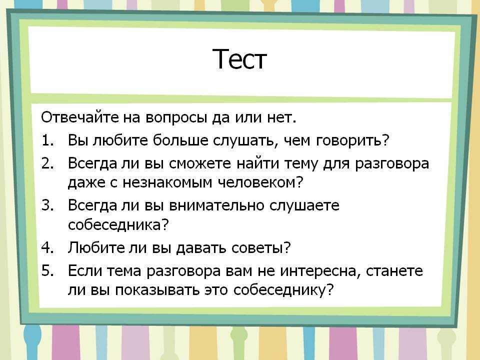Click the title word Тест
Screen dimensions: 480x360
click(239, 59)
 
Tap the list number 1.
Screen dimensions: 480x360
click(48, 140)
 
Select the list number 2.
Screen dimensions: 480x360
click(48, 163)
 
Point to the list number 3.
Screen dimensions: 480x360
click(48, 205)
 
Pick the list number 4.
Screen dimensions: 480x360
click(48, 247)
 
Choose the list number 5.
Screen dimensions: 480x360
click(48, 270)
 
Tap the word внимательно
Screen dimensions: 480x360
click(216, 205)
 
